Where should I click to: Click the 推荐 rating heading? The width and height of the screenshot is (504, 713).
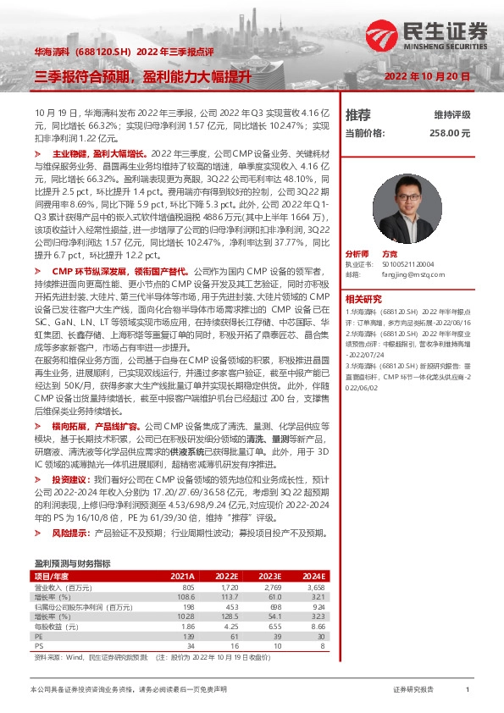point(358,114)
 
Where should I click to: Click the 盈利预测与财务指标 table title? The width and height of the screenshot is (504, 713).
point(72,562)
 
